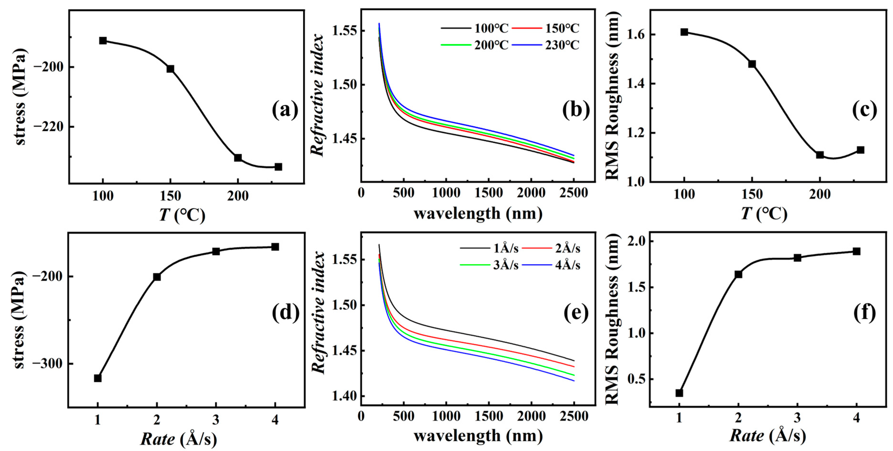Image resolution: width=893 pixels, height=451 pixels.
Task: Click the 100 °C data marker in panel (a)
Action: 103,41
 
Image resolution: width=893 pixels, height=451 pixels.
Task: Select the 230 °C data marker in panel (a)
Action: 278,167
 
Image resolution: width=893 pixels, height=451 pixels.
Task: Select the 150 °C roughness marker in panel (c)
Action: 752,64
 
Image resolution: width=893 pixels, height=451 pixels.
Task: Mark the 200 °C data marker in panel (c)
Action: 820,155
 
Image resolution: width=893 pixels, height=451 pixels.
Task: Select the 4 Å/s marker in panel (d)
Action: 275,247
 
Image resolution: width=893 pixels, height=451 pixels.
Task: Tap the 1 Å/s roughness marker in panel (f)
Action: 679,393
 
